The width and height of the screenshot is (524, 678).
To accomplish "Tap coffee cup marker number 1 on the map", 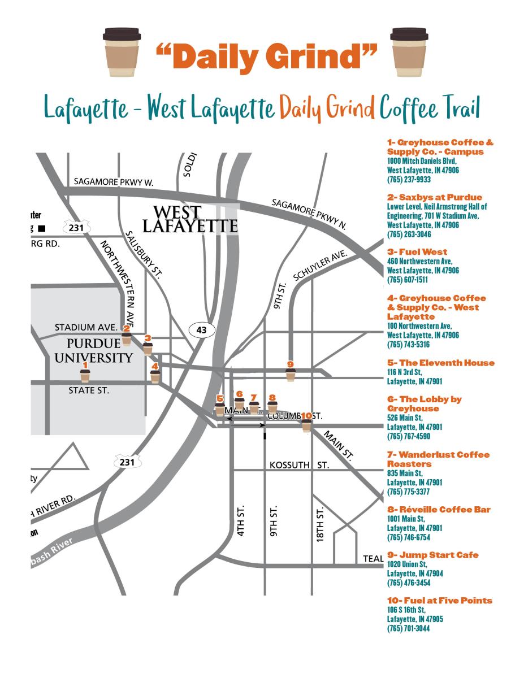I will [x=85, y=375].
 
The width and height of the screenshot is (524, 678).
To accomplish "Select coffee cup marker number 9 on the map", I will [x=291, y=373].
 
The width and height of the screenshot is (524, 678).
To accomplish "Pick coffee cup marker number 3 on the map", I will [x=148, y=347].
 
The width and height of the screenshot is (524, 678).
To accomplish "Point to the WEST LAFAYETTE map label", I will [x=189, y=220].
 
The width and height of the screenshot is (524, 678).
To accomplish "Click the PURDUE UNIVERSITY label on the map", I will [x=99, y=350].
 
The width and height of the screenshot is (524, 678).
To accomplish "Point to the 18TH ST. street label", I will [x=320, y=524].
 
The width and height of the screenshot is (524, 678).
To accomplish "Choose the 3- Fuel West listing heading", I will [x=417, y=251].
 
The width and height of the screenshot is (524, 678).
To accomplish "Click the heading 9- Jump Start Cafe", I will [x=432, y=555].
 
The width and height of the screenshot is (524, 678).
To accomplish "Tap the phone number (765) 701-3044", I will [x=409, y=628].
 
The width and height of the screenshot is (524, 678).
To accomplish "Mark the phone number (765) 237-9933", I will [x=409, y=180].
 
